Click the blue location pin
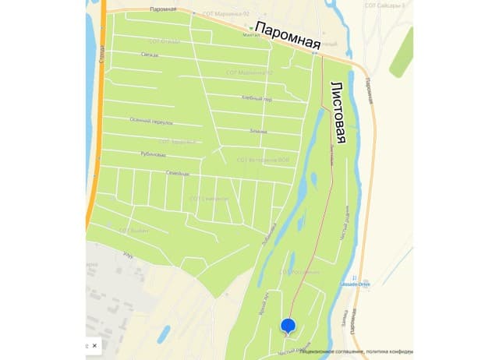pos(287,326)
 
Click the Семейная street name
pos(178,172)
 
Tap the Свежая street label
pos(150,54)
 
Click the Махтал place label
pos(251,34)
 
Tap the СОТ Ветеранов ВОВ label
pos(263,159)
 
